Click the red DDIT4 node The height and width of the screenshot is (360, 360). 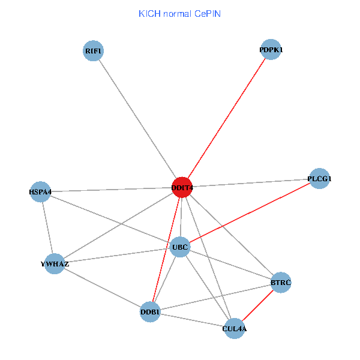pos(182,188)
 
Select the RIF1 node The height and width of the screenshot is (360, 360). pos(93,51)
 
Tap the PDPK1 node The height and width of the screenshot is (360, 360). pos(271,50)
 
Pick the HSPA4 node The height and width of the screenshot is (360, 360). pos(40,192)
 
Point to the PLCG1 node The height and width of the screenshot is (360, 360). pos(319,178)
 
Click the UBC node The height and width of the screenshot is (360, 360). pos(181,247)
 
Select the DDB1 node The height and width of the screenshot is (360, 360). pos(150,311)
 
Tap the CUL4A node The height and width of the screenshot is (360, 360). pos(235,328)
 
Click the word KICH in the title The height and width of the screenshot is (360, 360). pos(149,13)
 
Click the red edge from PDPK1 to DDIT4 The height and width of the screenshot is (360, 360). pos(227,119)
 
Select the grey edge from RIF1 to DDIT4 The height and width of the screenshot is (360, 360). pos(137,119)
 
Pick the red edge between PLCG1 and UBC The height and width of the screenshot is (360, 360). pos(250,212)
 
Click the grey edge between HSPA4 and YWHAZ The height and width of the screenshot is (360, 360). pos(47,228)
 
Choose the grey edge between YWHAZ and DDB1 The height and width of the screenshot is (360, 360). pos(102,287)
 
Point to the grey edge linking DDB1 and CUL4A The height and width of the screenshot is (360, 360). pos(192,320)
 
